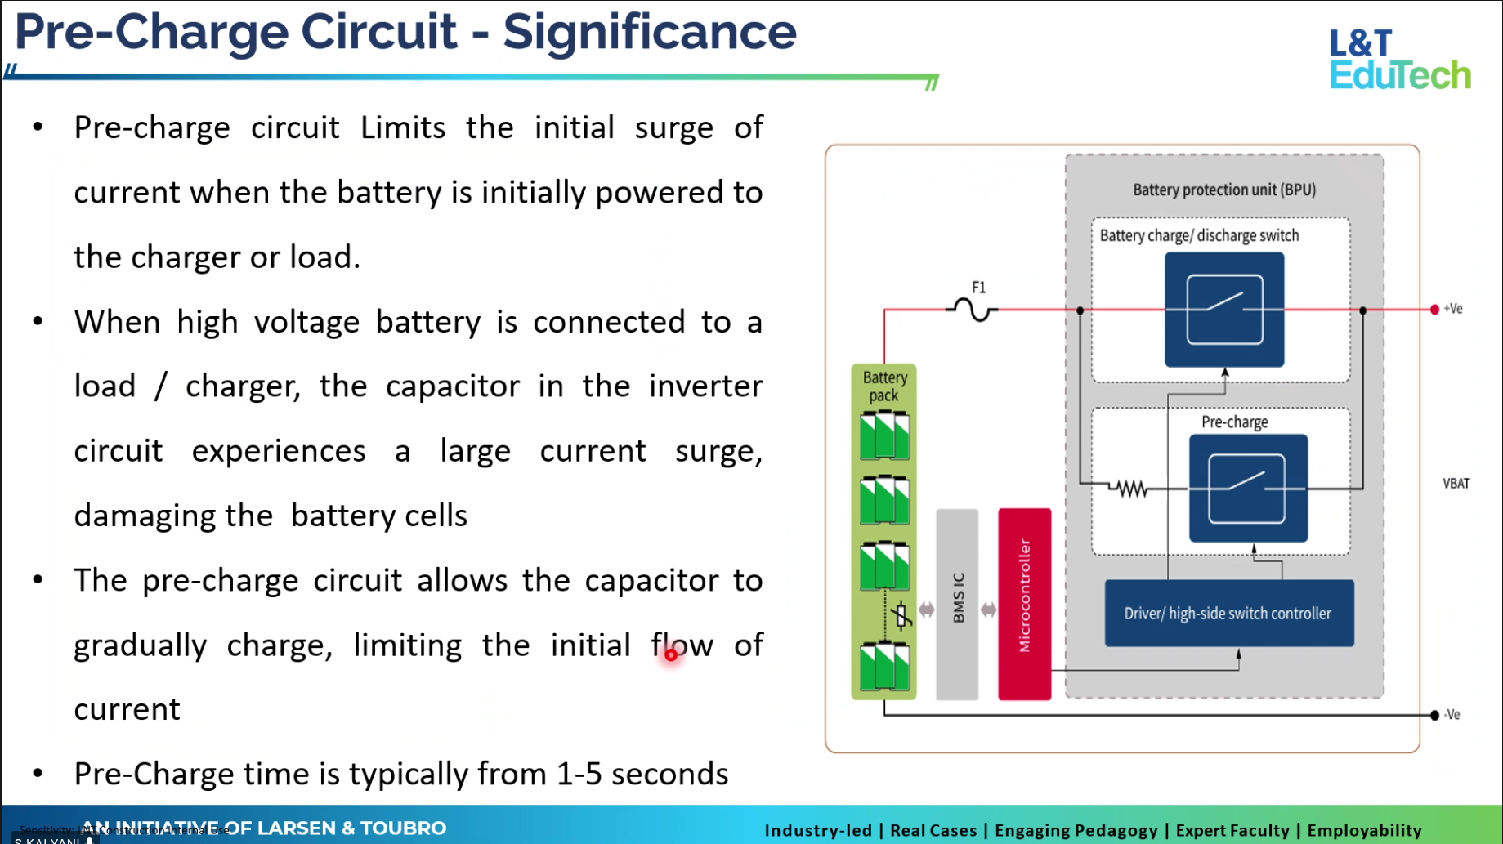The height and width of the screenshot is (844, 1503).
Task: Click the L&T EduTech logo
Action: tap(1399, 59)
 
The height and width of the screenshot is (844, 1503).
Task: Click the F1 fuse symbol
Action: tap(973, 310)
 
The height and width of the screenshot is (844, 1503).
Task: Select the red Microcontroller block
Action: tap(1024, 604)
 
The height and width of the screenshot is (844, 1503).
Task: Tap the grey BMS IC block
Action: tap(957, 604)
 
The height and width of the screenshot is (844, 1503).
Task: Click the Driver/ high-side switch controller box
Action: tap(1228, 614)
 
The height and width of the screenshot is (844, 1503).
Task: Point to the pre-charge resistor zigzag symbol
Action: tap(1131, 489)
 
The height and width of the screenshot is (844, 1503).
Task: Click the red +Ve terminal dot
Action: tap(1434, 309)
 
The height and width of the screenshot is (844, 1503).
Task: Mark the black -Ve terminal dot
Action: tap(1434, 715)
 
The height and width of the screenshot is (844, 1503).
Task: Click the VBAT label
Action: tap(1456, 484)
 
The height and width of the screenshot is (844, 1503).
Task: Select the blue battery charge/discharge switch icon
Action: tap(1224, 310)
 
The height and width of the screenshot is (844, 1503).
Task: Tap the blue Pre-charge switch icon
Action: tap(1248, 489)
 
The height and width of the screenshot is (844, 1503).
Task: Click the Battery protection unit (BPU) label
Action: tap(1223, 190)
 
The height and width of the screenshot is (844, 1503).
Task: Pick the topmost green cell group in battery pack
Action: tap(884, 435)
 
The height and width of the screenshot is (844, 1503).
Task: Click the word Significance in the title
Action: tap(649, 33)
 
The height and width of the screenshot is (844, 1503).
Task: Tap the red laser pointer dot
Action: tap(671, 654)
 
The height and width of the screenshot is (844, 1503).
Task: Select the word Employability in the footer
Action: tap(1364, 830)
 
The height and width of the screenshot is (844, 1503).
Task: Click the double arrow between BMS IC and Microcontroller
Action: tap(988, 610)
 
